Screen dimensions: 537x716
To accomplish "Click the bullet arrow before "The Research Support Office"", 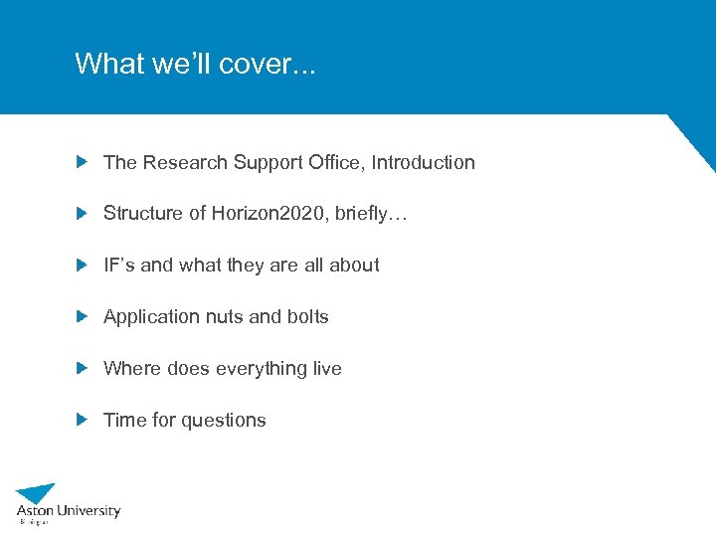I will (x=83, y=161).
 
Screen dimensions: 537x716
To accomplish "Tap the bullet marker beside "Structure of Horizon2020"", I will (x=83, y=213).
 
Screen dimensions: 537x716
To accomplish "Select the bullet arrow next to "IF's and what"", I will (x=83, y=265).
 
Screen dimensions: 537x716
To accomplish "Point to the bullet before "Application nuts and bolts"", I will (x=83, y=316).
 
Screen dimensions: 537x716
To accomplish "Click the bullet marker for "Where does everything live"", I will (x=83, y=368).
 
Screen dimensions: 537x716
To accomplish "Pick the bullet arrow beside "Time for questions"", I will (x=83, y=420).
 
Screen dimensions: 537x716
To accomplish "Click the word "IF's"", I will (x=119, y=266).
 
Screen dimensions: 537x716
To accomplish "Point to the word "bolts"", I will (x=307, y=317).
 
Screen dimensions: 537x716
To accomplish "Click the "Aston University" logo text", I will (x=69, y=511).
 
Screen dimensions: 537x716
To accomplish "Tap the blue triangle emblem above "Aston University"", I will (x=37, y=493).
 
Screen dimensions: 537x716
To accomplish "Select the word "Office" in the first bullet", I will (x=336, y=162).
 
